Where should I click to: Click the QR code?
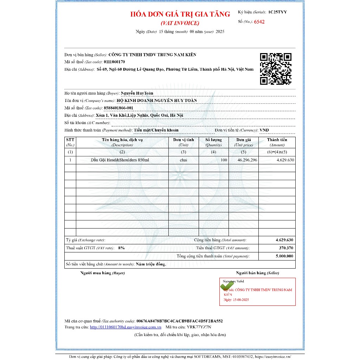point(276,69)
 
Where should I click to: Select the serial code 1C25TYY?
point(277,12)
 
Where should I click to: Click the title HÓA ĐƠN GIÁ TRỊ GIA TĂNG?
point(180,14)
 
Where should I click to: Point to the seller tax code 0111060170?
point(114,62)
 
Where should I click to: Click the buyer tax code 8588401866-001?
point(118,108)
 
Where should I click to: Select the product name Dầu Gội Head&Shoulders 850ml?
point(120,160)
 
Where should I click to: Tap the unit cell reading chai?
point(183,160)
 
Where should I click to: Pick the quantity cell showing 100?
point(224,160)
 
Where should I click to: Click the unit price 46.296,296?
point(247,160)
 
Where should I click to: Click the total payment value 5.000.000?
point(284,256)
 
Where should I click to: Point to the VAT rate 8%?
point(121,248)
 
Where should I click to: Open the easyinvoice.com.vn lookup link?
point(126,327)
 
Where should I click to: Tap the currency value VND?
point(264,130)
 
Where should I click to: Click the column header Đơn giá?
point(243,140)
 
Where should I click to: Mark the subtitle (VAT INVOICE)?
point(180,23)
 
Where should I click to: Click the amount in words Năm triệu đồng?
point(151,264)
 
